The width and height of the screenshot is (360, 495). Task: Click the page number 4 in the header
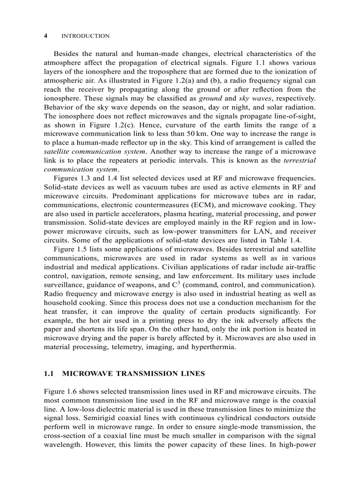pyautogui.click(x=46, y=36)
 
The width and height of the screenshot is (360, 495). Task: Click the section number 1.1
pyautogui.click(x=49, y=373)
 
